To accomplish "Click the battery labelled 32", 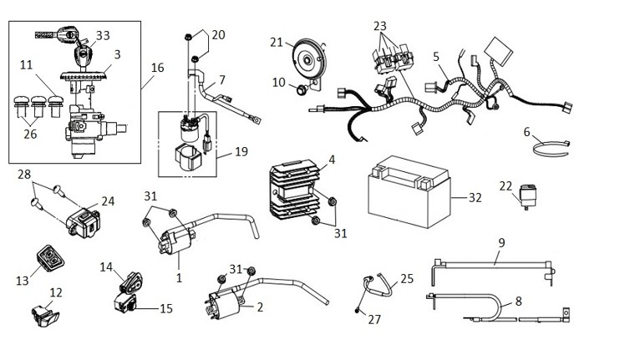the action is [x=409, y=191].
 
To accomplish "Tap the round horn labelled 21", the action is [x=308, y=60].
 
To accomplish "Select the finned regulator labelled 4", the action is [x=294, y=190].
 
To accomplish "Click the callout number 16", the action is [x=157, y=68].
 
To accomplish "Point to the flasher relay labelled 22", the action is [x=529, y=195].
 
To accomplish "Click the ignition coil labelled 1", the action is [x=177, y=242].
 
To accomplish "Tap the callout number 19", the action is [x=241, y=151].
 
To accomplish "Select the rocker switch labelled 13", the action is [x=50, y=258].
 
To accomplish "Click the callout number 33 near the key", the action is [x=103, y=35].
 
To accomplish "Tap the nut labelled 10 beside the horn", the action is [x=302, y=89].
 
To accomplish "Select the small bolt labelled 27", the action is [x=357, y=310].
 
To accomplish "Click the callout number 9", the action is [x=501, y=243].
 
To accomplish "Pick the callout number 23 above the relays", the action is [x=379, y=26].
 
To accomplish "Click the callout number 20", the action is [x=218, y=35].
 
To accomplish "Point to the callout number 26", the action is [x=30, y=134].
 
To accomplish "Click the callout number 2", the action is [x=260, y=307].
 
